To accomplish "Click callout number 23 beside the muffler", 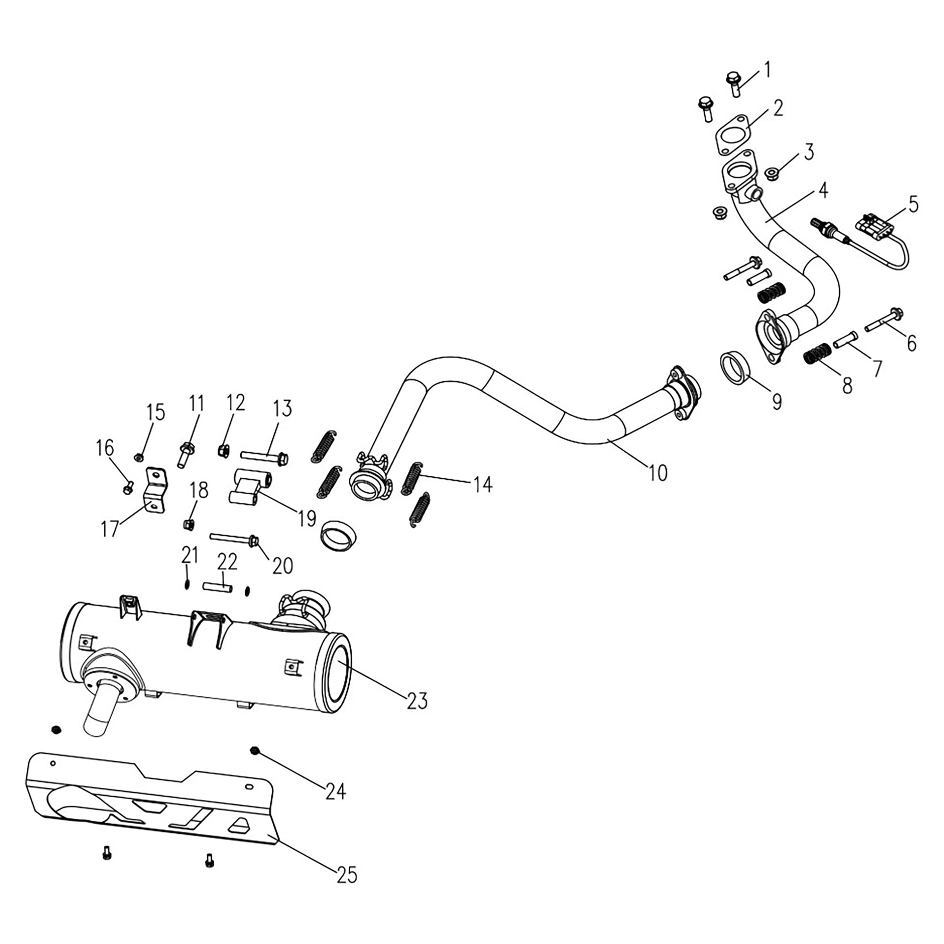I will point(417,700).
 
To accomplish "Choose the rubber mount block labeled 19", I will point(249,487).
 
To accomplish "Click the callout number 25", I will point(347,875).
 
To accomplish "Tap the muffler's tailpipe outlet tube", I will point(100,714).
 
